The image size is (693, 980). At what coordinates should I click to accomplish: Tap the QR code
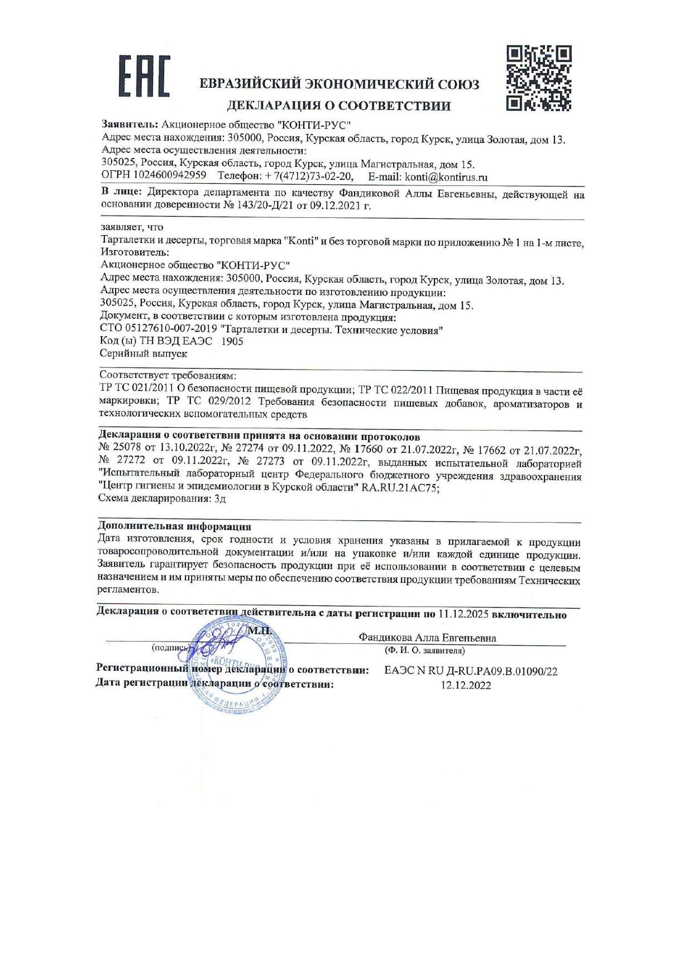tap(539, 78)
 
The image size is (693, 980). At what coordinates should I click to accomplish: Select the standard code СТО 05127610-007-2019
tap(158, 329)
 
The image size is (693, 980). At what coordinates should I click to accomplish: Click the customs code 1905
tap(232, 341)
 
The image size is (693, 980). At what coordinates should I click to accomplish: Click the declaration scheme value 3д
tap(220, 499)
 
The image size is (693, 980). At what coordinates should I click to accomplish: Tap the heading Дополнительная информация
tap(174, 526)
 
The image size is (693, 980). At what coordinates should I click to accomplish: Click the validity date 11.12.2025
tap(463, 614)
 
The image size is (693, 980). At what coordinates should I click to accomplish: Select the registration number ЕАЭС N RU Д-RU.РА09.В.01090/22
tap(470, 671)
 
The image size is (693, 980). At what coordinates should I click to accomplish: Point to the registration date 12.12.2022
tap(466, 685)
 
